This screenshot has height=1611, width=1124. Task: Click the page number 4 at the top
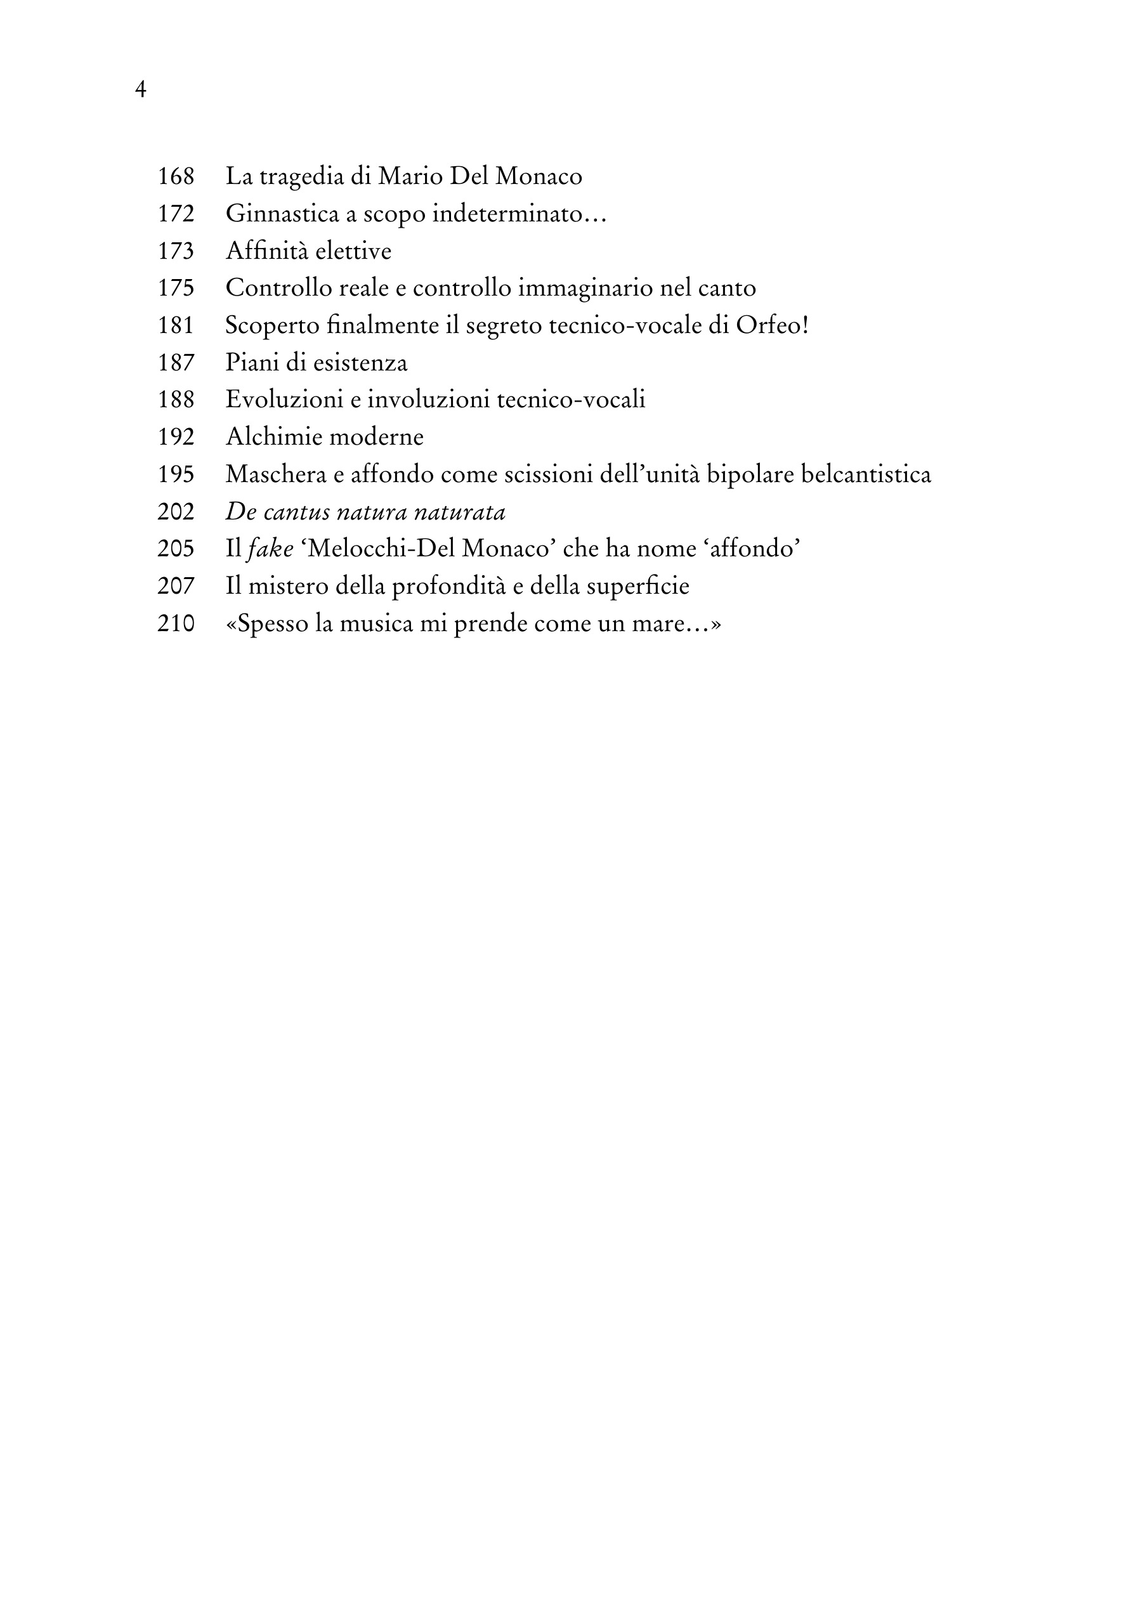[140, 90]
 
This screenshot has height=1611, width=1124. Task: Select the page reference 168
[176, 176]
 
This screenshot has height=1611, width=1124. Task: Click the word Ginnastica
[282, 213]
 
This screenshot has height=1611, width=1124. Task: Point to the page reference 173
[176, 251]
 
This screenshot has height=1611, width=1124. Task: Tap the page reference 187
[176, 363]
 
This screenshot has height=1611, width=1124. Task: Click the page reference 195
[176, 474]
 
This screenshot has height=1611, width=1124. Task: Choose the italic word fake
[270, 549]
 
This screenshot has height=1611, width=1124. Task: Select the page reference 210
[176, 623]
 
